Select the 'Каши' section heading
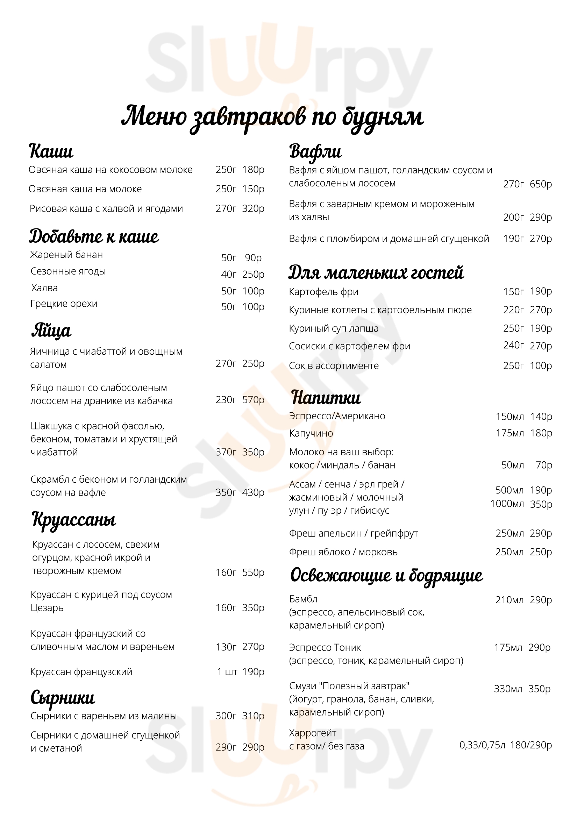[51, 151]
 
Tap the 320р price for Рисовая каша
[253, 208]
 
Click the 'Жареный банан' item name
[66, 255]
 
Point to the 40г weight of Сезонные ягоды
[228, 274]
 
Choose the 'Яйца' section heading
[51, 330]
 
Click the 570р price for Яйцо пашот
[253, 400]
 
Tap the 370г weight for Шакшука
[226, 452]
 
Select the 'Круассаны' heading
[74, 519]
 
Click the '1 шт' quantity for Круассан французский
[227, 672]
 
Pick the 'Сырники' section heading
[63, 698]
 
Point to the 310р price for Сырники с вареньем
[253, 716]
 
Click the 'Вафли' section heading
[315, 151]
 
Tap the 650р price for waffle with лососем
[541, 184]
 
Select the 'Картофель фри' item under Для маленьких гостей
[323, 292]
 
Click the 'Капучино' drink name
[311, 434]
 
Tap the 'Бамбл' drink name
[303, 599]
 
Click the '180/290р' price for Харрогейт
[531, 745]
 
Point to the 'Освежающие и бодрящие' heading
[386, 575]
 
